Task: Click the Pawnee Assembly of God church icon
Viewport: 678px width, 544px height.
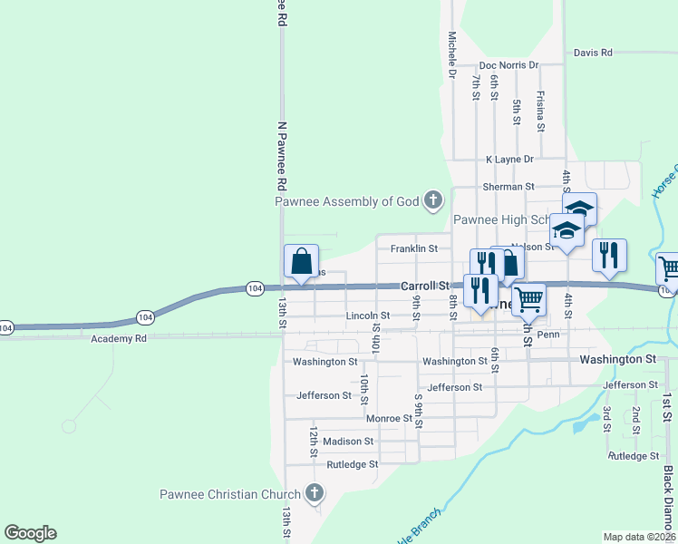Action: tap(433, 200)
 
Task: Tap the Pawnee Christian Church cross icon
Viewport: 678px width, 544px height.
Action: tap(315, 494)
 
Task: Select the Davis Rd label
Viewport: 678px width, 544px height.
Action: tap(593, 53)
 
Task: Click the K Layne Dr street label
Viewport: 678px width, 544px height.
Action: tap(509, 159)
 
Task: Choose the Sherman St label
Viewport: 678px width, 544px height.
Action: tap(508, 187)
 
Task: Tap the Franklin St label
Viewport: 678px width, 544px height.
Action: tap(413, 248)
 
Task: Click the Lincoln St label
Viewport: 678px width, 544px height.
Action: tap(367, 316)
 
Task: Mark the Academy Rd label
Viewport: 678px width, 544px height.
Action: tap(119, 339)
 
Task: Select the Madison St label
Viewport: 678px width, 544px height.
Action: tap(348, 442)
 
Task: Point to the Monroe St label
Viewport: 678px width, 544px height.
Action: tap(389, 419)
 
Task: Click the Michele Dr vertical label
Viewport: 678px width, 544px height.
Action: tap(451, 54)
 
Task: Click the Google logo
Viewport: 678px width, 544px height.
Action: tap(30, 533)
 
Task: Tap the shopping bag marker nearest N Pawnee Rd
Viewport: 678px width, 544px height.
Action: tap(301, 261)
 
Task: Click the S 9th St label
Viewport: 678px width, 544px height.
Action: tap(420, 412)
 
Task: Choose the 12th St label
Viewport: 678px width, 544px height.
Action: tap(314, 442)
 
